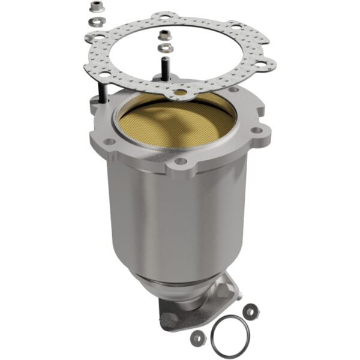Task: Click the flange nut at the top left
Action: (94, 8)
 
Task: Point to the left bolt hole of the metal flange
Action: (110, 142)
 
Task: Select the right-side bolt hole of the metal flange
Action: (257, 130)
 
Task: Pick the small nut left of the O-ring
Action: (196, 338)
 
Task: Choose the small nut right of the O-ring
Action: (250, 311)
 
